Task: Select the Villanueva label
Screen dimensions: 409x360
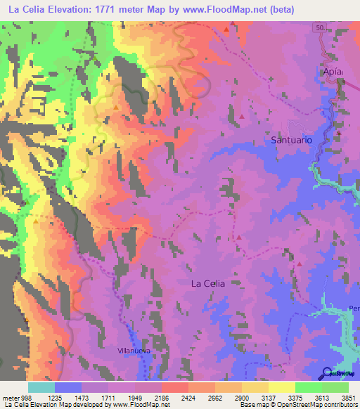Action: (x=134, y=349)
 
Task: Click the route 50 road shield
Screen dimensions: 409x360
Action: (x=320, y=27)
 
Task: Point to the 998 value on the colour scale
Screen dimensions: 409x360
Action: (x=26, y=398)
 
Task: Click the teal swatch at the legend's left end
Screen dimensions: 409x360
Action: (x=41, y=387)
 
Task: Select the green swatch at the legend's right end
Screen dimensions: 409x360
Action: (x=335, y=387)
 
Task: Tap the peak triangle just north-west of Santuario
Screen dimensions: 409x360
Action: (x=242, y=116)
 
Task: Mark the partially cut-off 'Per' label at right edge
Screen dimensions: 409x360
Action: (x=354, y=309)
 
